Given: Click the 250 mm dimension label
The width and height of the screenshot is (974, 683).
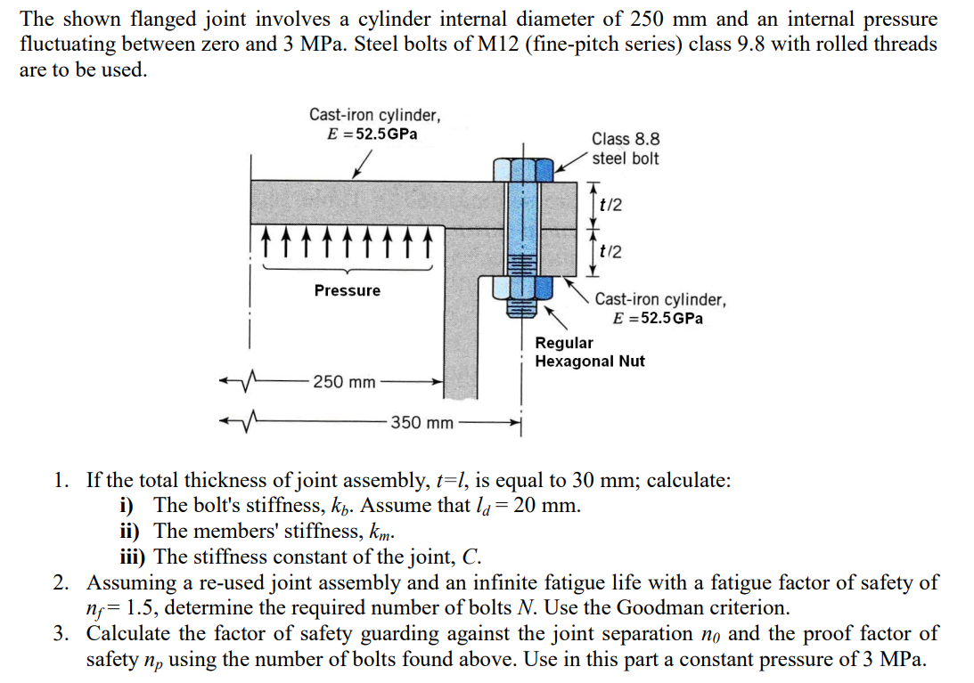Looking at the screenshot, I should pyautogui.click(x=344, y=383).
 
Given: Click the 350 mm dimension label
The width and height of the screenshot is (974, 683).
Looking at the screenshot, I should pyautogui.click(x=422, y=422).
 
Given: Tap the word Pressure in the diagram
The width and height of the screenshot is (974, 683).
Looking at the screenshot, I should pyautogui.click(x=347, y=290).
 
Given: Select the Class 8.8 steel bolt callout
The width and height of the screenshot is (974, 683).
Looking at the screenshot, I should pyautogui.click(x=626, y=149).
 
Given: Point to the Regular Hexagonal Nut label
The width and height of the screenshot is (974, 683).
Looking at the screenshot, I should pyautogui.click(x=589, y=352).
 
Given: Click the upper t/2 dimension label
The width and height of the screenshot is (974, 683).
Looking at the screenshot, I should pyautogui.click(x=611, y=204).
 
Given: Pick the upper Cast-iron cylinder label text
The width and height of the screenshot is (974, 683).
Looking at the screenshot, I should pyautogui.click(x=374, y=124).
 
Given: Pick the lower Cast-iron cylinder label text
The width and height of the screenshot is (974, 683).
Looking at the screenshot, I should pyautogui.click(x=660, y=308).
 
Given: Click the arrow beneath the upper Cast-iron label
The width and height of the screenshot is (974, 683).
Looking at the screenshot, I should pyautogui.click(x=362, y=164).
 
